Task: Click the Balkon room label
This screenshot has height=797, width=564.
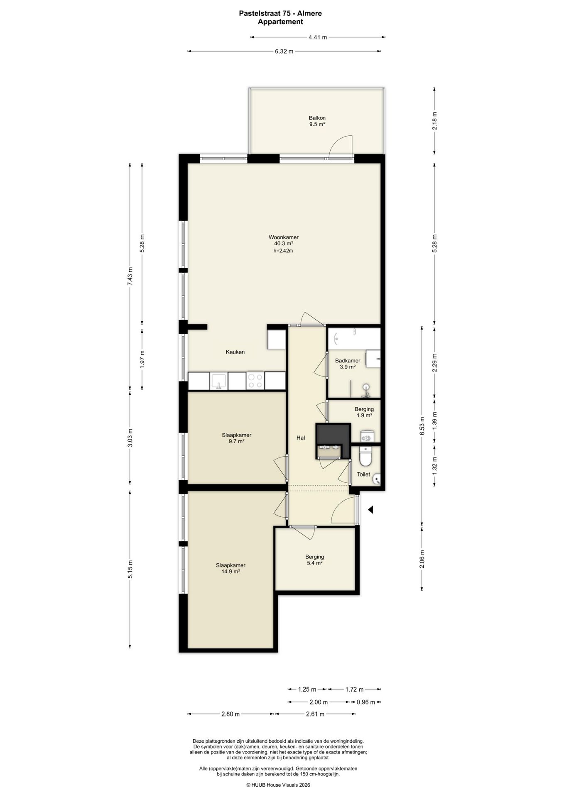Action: point(316,117)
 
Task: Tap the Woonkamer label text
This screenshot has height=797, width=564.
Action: point(284,237)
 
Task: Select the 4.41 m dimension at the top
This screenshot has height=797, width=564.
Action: point(318,37)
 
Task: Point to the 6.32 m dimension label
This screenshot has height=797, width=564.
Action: point(284,51)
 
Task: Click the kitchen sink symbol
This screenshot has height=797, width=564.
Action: point(218,381)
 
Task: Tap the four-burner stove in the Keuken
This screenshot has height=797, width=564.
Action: point(255,381)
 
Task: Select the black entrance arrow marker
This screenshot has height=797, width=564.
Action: point(370,509)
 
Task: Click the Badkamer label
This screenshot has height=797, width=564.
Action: point(348,361)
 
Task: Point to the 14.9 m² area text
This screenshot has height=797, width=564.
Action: point(231,571)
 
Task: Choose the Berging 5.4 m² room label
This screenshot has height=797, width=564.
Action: point(314,560)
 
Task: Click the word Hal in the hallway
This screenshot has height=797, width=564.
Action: point(301,438)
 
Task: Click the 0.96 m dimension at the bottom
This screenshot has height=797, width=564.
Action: point(366,702)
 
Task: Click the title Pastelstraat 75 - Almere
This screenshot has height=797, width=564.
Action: point(280,13)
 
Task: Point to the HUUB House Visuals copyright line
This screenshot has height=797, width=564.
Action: point(278,785)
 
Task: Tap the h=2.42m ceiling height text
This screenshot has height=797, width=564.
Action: point(283,251)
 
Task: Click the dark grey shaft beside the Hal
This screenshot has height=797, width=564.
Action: point(333,434)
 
